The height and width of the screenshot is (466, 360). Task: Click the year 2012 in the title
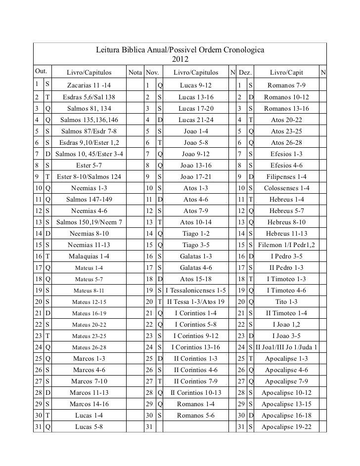click(x=180, y=60)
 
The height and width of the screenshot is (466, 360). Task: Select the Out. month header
click(x=41, y=73)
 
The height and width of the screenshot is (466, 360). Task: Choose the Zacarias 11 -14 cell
click(x=90, y=85)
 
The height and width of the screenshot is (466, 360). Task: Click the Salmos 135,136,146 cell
click(x=89, y=120)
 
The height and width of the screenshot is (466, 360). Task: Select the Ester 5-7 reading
click(x=89, y=165)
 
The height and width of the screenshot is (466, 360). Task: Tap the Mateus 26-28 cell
click(x=89, y=347)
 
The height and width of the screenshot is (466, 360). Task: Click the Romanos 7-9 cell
click(x=287, y=85)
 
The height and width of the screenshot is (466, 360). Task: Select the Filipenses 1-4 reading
click(x=287, y=176)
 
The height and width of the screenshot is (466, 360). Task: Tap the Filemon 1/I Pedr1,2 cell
click(x=287, y=245)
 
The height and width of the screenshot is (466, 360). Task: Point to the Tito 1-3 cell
click(x=287, y=301)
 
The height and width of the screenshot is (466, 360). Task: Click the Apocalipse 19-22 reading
click(x=287, y=426)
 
